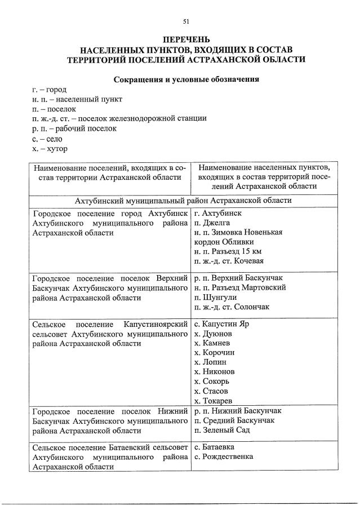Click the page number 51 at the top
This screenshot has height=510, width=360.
[186, 22]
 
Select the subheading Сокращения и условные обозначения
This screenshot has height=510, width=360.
[186, 79]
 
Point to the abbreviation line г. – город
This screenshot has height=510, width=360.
[50, 90]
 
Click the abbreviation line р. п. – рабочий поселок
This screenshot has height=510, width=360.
[74, 128]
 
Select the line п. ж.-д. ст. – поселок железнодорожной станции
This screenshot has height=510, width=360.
[119, 119]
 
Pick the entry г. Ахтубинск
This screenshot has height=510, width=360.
[217, 214]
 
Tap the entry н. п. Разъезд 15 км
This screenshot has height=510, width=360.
[227, 251]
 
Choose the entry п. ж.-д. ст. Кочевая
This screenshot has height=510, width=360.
[228, 261]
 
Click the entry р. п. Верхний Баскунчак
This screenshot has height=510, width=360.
[237, 278]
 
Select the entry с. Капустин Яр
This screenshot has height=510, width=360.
[221, 325]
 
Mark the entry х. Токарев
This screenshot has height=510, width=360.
[212, 401]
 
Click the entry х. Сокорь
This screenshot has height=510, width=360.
[211, 382]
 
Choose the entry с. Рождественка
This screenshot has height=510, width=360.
[223, 456]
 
